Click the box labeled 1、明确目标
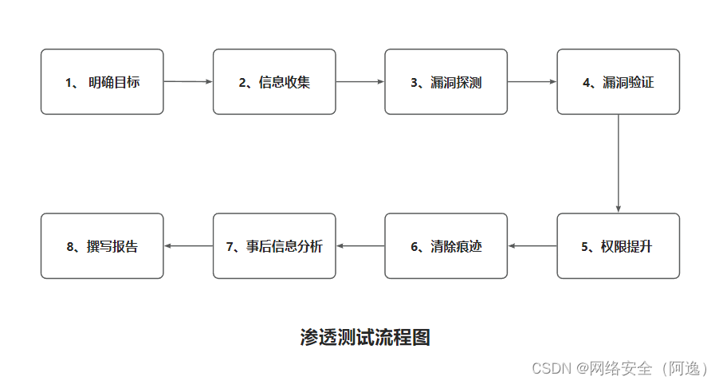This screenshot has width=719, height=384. [102, 81]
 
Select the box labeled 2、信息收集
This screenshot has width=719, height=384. [274, 81]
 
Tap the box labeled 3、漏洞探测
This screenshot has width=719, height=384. [446, 81]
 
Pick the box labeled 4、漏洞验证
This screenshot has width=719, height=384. [619, 81]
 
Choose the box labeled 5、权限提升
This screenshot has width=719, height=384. [619, 245]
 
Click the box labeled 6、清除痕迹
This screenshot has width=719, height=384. [446, 245]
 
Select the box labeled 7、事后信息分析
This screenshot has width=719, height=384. [274, 245]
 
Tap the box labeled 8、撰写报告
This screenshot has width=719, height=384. [102, 245]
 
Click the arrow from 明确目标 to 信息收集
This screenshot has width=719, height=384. [188, 81]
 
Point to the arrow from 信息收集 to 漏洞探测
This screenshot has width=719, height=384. [360, 81]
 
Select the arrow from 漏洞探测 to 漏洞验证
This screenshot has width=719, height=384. [532, 81]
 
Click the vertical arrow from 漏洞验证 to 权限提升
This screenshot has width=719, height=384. [619, 163]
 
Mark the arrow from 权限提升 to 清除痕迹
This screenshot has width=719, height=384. [532, 245]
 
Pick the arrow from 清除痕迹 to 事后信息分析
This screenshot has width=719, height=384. [360, 245]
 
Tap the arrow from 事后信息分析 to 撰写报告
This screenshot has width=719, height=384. [188, 245]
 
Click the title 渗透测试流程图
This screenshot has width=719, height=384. [365, 337]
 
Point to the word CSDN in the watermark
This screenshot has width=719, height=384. [548, 368]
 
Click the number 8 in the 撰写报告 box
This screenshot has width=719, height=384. [70, 246]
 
